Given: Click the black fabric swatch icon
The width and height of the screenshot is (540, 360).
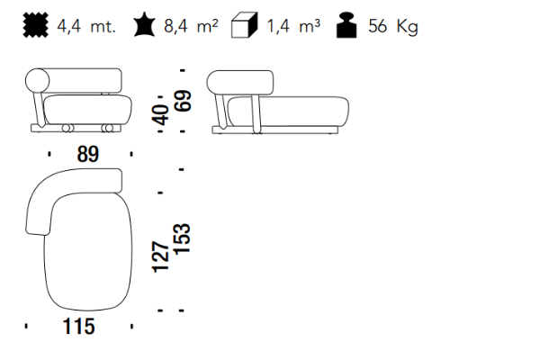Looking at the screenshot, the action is coord(35,25).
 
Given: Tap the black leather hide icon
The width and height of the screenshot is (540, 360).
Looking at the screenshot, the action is coord(144,24).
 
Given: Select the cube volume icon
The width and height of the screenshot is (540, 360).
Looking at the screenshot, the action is coord(244,25).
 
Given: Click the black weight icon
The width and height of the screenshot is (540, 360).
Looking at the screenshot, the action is coord(346,25).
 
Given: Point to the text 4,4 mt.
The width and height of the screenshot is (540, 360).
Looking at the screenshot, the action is coord(86,26).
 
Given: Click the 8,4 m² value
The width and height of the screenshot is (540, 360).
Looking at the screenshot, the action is coord(191,26).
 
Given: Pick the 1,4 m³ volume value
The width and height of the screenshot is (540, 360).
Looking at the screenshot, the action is coord(293,26).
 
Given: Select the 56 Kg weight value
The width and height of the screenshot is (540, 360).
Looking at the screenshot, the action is coord(393,26).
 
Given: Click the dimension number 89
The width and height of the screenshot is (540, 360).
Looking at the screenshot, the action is coord(88,154).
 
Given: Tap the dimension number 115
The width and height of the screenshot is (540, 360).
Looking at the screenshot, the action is coord(78,327).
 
